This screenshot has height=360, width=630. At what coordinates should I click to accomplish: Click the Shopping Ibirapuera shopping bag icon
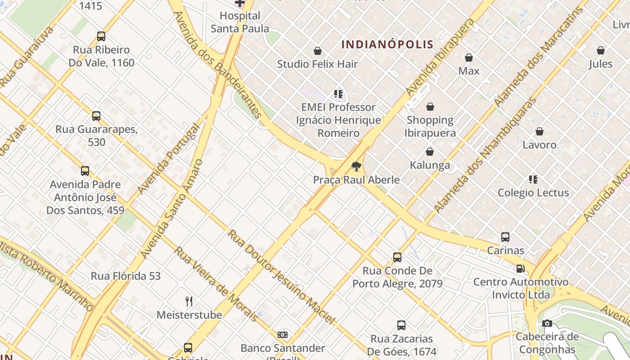pos(430,107)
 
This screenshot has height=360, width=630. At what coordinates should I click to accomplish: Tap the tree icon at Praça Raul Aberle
pos(356,166)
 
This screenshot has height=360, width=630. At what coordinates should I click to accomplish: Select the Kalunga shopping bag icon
pos(430,152)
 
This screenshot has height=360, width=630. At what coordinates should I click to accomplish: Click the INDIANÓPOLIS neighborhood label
pos(387,45)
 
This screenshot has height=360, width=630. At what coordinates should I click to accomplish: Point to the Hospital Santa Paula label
pos(240,22)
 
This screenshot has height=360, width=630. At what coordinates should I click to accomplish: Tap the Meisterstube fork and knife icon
pos(189,301)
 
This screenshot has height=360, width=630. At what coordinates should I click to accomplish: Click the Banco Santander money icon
pos(283,335)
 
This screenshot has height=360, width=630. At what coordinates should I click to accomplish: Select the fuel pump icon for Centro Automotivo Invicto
pos(521,269)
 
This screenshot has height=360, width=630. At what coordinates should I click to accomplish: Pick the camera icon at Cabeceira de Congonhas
pos(547,323)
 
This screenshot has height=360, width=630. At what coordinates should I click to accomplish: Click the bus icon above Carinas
pos(505,237)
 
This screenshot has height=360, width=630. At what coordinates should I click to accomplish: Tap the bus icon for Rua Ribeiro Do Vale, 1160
pos(101,36)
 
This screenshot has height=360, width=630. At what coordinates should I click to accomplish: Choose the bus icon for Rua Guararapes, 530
pos(96,116)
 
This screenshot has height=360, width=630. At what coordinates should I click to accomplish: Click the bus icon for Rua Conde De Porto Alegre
pos(397,257)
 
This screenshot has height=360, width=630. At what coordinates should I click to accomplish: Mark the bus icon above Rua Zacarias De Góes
pos(401,325)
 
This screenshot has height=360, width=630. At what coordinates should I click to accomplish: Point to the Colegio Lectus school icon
pos(533,180)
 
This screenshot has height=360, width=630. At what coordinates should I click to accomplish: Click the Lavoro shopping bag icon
pos(540,131)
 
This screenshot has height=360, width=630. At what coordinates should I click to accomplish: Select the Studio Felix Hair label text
pos(318,64)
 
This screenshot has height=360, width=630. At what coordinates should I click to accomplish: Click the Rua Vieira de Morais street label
pos(216,284)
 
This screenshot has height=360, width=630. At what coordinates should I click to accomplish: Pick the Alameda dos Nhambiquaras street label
pos(485,155)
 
